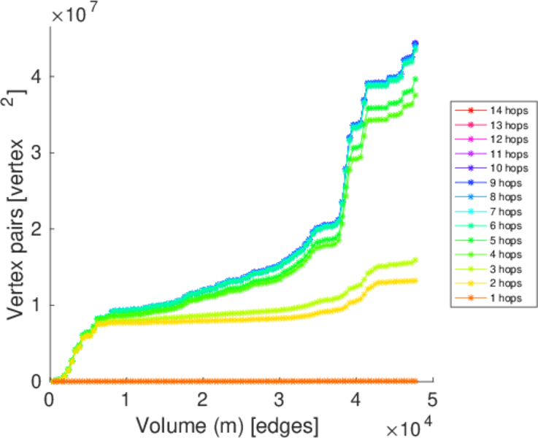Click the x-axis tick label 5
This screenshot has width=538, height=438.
(433, 399)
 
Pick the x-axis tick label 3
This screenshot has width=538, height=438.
(280, 399)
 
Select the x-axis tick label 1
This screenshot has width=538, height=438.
(126, 399)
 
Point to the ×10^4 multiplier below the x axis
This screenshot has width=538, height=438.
(409, 424)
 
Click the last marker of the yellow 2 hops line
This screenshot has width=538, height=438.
(415, 280)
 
